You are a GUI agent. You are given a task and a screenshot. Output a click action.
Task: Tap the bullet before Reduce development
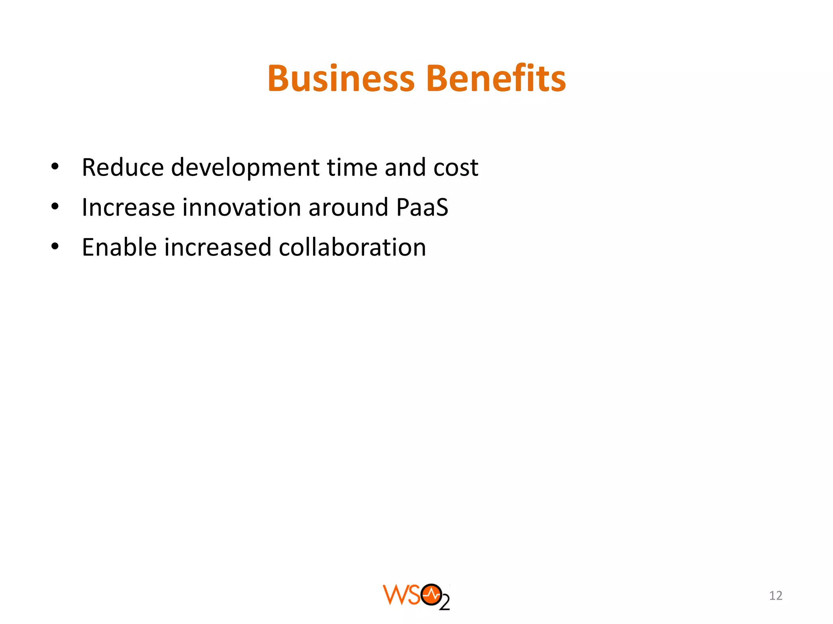click(x=55, y=167)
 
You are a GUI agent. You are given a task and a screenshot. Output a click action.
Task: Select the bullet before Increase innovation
click(x=55, y=207)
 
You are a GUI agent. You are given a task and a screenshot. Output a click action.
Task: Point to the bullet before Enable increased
click(x=55, y=247)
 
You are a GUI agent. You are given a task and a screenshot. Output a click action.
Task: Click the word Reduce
click(x=122, y=167)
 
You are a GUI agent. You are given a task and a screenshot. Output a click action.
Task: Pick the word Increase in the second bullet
click(x=128, y=207)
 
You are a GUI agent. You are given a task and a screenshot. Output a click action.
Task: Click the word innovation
click(x=242, y=207)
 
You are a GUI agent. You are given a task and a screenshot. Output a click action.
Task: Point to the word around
click(x=348, y=207)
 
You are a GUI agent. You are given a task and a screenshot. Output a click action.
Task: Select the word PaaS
click(x=422, y=207)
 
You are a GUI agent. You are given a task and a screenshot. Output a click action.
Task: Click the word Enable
click(x=119, y=247)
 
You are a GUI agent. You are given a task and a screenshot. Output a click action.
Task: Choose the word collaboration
click(x=352, y=247)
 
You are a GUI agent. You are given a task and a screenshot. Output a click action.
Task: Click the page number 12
click(x=776, y=596)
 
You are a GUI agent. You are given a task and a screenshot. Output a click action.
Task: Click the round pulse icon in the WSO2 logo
click(x=431, y=595)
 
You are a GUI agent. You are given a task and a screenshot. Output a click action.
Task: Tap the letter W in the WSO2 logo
click(x=394, y=595)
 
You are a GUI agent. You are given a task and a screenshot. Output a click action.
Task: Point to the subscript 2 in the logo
click(x=445, y=603)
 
